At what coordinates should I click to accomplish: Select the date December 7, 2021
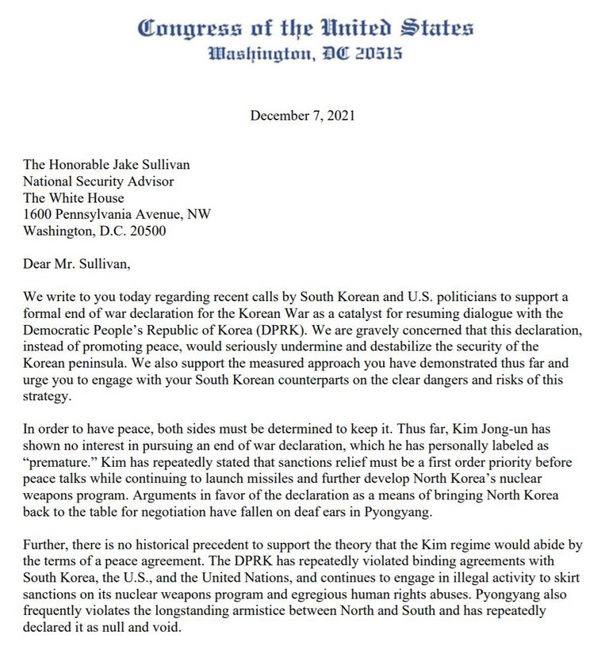(x=303, y=115)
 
